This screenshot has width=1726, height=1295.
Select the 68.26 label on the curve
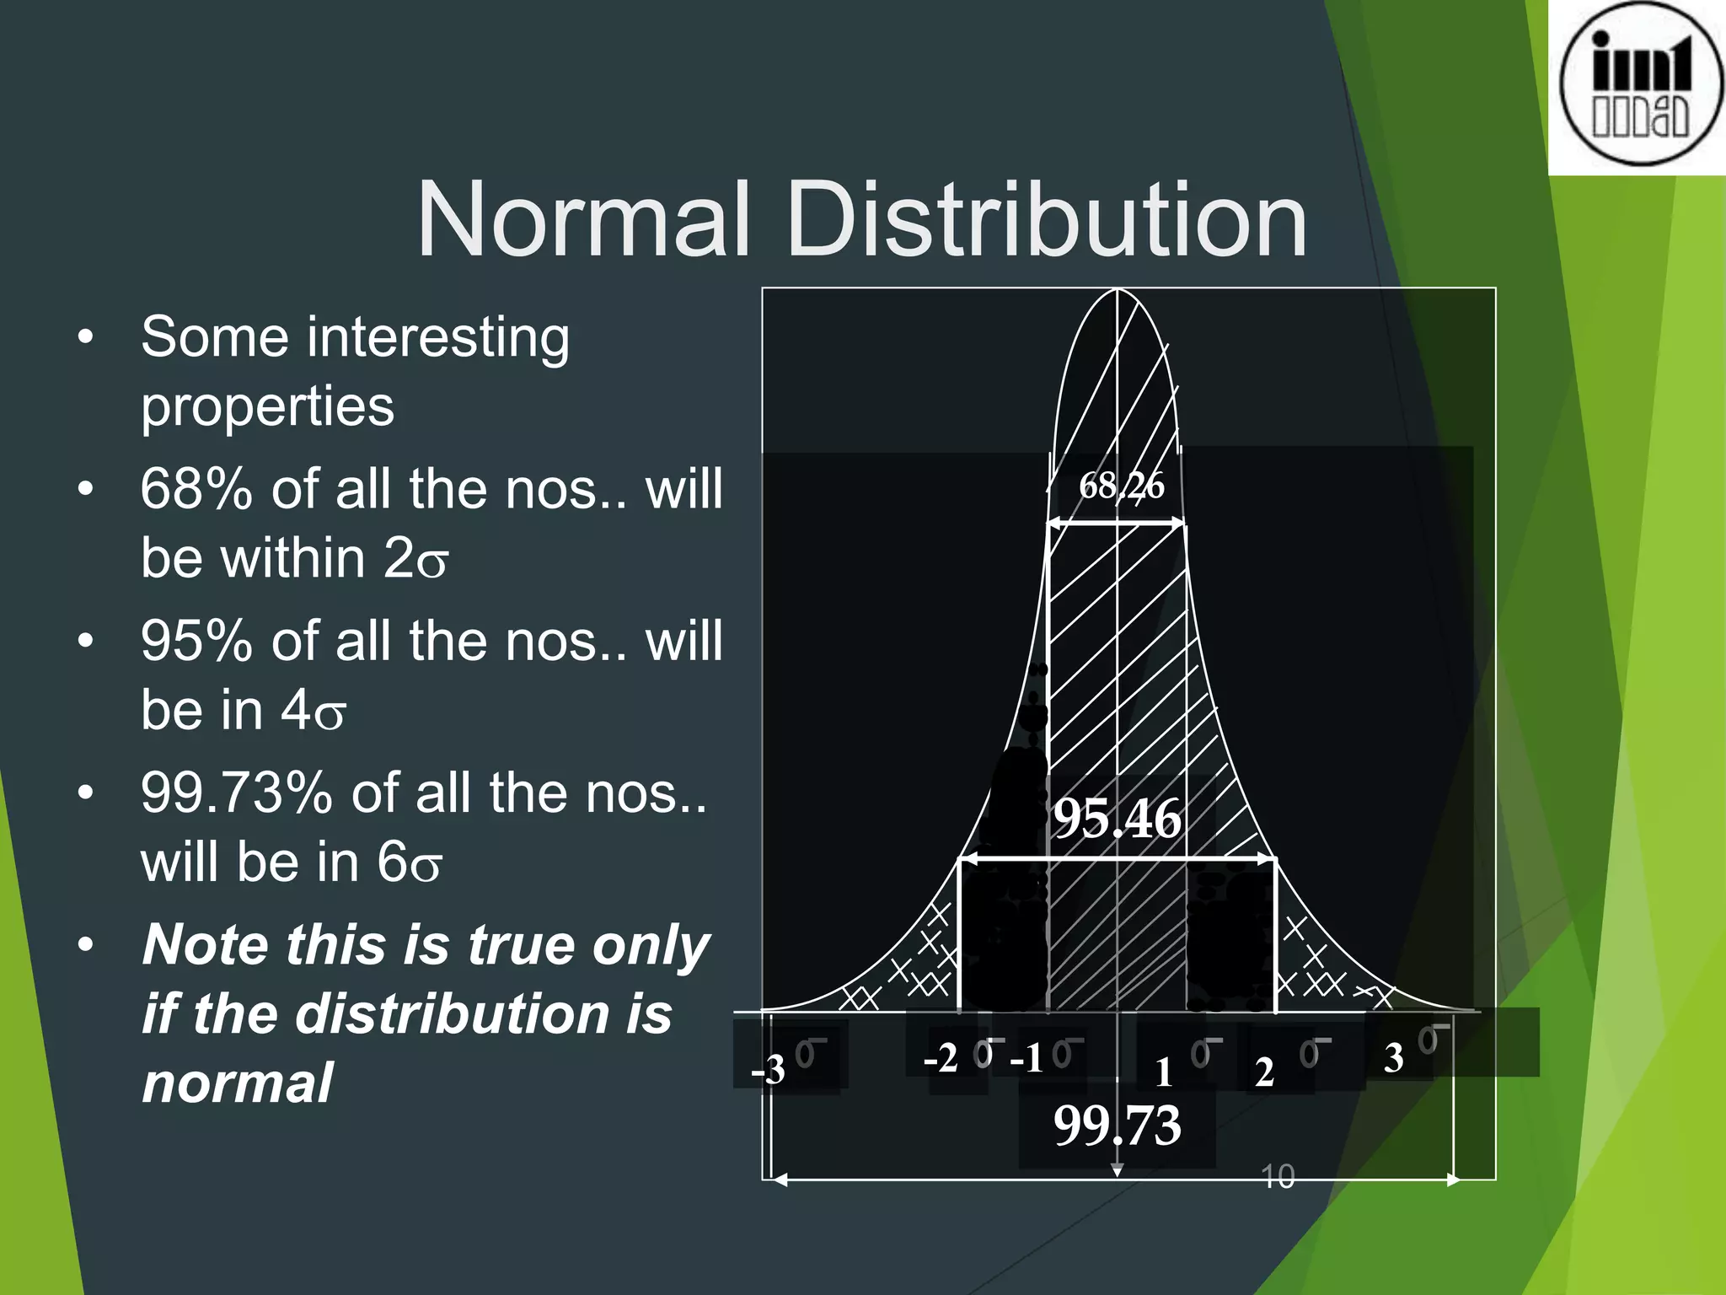[x=1121, y=486]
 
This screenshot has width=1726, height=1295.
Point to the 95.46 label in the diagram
[x=1118, y=818]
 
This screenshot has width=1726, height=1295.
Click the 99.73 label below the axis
[x=1118, y=1125]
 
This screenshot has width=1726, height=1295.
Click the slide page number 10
[x=1278, y=1177]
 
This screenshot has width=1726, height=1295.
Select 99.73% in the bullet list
[x=237, y=793]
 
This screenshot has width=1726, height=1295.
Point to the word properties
[x=267, y=406]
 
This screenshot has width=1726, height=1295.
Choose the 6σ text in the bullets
[x=410, y=862]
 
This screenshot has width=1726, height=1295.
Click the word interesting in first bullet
[x=438, y=337]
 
